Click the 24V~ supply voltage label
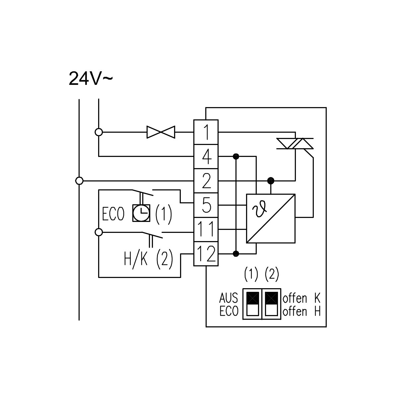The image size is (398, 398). (91, 79)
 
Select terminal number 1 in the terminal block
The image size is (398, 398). (206, 132)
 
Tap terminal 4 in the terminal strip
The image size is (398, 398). (206, 156)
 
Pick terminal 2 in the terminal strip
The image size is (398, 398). (206, 181)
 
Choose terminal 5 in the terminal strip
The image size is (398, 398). (206, 205)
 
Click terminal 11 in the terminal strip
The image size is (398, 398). (206, 229)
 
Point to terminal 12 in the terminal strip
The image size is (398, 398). (206, 254)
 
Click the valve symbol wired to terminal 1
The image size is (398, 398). (161, 132)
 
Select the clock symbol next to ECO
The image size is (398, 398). (141, 213)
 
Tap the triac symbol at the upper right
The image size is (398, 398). (295, 144)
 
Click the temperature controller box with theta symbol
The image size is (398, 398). (271, 219)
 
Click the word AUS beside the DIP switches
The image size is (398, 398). (229, 298)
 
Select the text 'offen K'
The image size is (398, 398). (301, 298)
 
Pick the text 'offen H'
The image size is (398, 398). (301, 311)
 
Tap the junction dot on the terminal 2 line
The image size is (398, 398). (271, 181)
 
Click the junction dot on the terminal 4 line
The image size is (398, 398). (236, 156)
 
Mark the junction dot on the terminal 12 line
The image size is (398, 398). (236, 254)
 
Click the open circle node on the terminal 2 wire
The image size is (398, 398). (79, 181)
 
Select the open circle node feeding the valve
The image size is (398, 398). (99, 132)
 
